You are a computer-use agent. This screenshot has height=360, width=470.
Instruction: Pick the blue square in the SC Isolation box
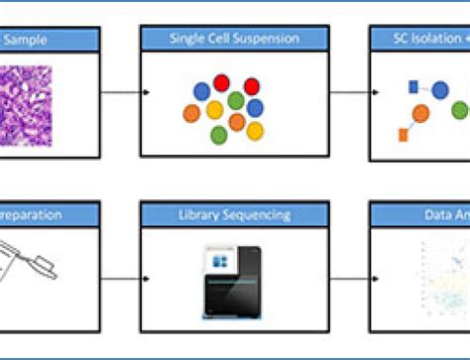pos(412,88)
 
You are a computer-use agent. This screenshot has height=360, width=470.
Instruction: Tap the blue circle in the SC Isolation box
pos(439,90)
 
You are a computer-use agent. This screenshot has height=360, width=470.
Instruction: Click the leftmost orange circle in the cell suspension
pos(191,112)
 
